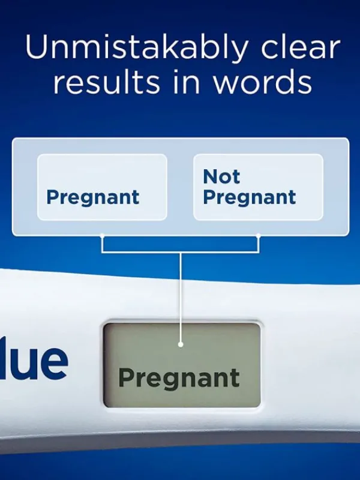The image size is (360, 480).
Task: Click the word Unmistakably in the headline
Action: point(137,47)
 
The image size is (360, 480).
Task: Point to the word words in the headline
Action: point(262,82)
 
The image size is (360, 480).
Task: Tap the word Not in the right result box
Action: point(221,176)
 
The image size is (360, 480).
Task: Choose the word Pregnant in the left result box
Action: point(93,198)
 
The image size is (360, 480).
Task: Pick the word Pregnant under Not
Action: point(250,198)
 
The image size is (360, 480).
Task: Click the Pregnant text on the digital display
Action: point(179,379)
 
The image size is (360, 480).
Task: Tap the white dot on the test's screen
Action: point(181,344)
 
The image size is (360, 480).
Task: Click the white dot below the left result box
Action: point(102,236)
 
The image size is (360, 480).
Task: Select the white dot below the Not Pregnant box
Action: point(259,236)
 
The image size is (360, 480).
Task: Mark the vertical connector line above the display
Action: point(181,298)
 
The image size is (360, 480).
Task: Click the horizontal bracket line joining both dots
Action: point(181,252)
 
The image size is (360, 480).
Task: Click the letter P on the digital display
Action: point(127,377)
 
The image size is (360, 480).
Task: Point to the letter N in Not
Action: point(211,176)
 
